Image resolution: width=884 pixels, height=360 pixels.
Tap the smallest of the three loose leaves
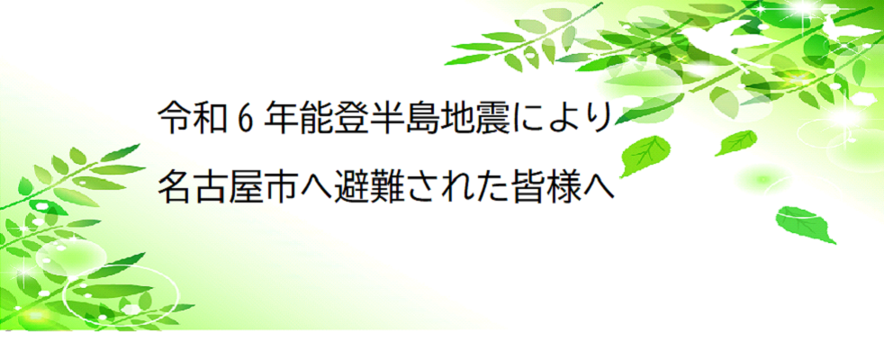(735, 142)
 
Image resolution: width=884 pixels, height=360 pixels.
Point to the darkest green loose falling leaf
(804, 225)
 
